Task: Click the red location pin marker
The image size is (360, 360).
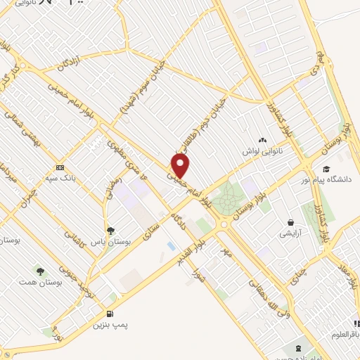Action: tap(181, 165)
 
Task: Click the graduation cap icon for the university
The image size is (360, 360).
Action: tap(326, 169)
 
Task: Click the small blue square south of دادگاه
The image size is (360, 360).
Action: tap(172, 245)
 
